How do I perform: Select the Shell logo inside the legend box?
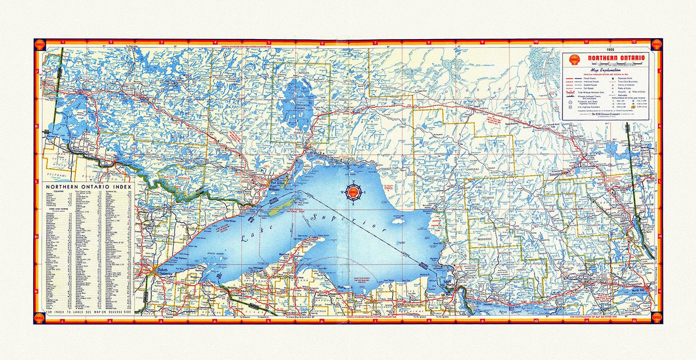tap(574, 60)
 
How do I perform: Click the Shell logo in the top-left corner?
tap(39, 45)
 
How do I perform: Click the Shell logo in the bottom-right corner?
tap(656, 317)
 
